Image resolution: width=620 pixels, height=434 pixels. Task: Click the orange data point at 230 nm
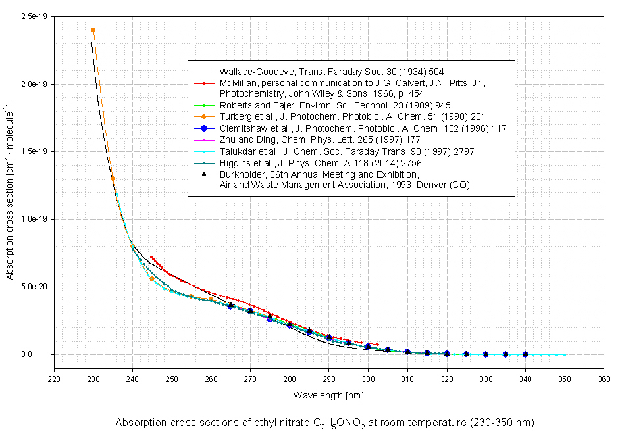[93, 30]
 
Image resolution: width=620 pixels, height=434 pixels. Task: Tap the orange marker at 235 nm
[113, 178]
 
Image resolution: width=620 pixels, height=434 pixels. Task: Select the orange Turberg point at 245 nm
[152, 279]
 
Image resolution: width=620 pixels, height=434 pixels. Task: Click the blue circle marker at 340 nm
[525, 354]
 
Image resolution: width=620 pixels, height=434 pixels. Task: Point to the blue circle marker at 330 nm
[486, 354]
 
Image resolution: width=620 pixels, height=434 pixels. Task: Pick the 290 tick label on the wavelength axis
[328, 379]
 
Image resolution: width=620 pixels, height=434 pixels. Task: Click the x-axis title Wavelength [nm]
[328, 395]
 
